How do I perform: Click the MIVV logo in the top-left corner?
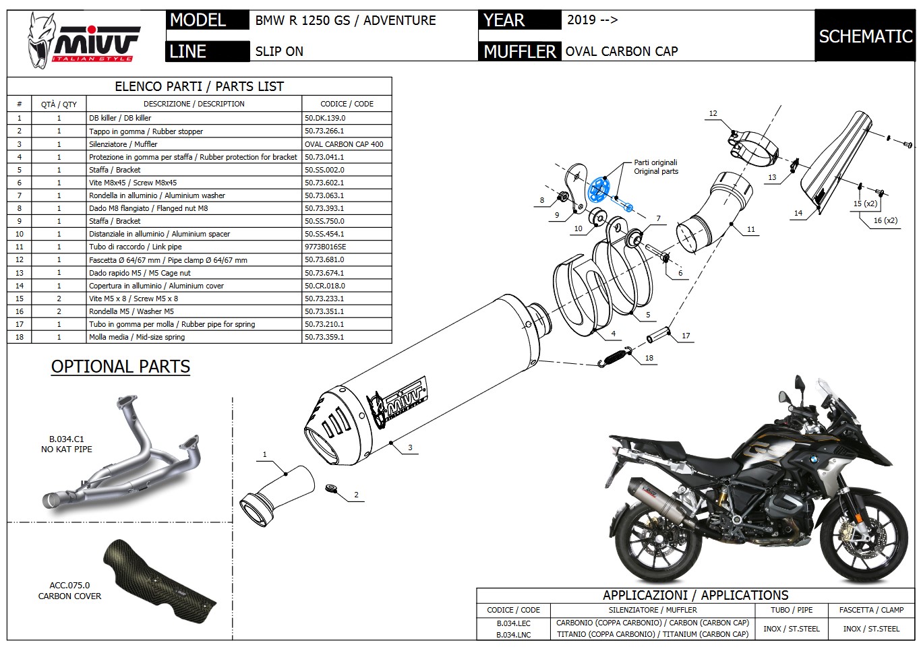click(84, 38)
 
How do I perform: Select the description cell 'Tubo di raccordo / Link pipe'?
click(136, 247)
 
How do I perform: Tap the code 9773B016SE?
click(325, 247)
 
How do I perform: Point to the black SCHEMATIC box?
click(865, 36)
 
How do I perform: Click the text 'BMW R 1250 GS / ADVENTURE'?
click(345, 20)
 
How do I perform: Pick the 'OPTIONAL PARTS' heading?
click(121, 367)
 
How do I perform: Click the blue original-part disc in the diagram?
click(598, 189)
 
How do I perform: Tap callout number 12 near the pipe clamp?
click(713, 113)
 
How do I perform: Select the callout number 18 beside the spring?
click(649, 358)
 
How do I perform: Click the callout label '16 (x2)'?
click(885, 220)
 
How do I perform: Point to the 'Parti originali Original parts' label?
click(655, 167)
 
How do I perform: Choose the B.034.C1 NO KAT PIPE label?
click(66, 444)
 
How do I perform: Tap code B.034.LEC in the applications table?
click(513, 623)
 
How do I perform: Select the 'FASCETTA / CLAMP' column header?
click(871, 610)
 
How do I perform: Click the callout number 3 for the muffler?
click(410, 447)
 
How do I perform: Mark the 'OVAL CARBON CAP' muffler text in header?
click(621, 51)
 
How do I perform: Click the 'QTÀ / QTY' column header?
click(59, 104)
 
